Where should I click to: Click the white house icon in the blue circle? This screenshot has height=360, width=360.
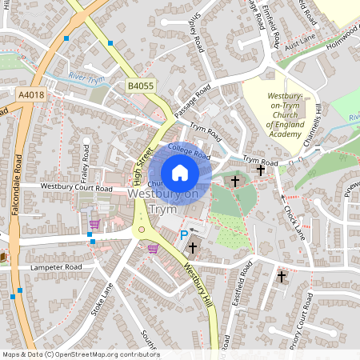tap(180, 173)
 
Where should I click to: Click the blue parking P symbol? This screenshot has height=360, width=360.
tap(183, 235)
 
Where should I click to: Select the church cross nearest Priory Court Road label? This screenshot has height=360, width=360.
tap(281, 276)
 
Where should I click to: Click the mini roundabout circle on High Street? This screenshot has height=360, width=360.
tap(143, 232)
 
